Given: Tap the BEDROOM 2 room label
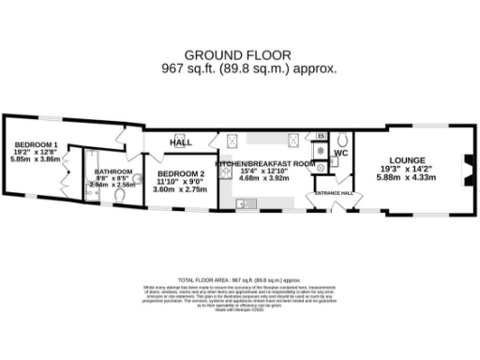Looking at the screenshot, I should [180, 174].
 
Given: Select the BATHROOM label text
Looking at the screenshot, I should [112, 170].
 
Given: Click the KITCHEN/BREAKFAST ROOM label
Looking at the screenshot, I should [265, 164].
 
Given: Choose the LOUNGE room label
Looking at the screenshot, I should [408, 160].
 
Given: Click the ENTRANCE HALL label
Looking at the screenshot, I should [334, 193].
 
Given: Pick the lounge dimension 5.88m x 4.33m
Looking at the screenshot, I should [408, 177].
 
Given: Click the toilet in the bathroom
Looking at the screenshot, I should [136, 177].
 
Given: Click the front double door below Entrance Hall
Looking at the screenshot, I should [324, 210].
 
